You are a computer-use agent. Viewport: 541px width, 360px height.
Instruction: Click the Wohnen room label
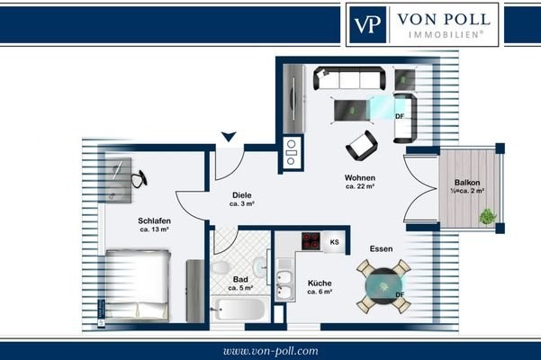tap(360, 178)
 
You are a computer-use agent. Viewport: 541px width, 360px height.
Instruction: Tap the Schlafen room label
tap(154, 220)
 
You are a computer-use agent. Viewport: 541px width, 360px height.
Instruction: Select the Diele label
tap(242, 195)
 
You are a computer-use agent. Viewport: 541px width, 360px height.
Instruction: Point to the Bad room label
tap(240, 279)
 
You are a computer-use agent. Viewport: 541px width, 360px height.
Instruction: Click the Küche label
tap(320, 283)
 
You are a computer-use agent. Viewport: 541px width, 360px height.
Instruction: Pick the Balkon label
tap(467, 183)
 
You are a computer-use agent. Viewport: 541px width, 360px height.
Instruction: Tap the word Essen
tap(381, 248)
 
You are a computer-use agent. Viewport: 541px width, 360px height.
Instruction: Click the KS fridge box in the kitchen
tap(334, 242)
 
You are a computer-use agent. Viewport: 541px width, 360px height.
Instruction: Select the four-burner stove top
tap(311, 240)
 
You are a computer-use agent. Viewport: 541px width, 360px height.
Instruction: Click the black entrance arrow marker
tap(229, 136)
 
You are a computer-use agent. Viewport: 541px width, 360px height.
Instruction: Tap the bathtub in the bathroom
tap(239, 309)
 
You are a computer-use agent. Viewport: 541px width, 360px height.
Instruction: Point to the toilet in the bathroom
tap(220, 267)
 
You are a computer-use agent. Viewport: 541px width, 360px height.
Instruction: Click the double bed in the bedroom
tap(138, 286)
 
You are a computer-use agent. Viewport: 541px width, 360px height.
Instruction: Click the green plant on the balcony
tap(487, 217)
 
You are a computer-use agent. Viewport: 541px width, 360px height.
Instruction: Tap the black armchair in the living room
tap(362, 145)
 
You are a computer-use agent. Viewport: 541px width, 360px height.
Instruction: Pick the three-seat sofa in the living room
tap(349, 78)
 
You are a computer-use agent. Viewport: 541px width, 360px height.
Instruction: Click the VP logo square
tap(368, 24)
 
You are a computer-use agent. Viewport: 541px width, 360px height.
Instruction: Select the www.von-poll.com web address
tap(270, 351)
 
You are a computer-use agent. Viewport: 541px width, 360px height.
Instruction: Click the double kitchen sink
tap(284, 284)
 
